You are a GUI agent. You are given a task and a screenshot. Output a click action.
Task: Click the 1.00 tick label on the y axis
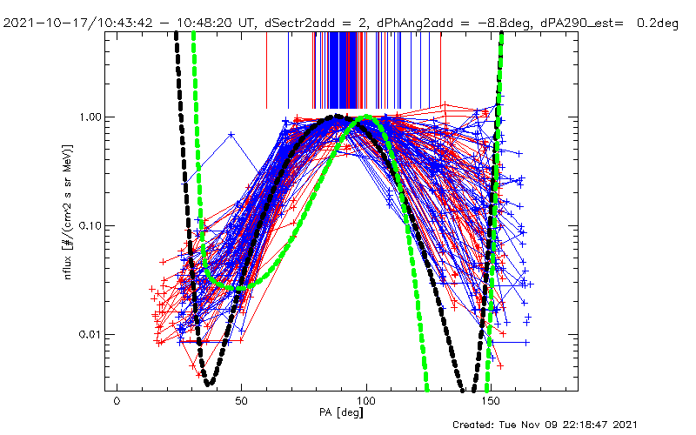coord(93,117)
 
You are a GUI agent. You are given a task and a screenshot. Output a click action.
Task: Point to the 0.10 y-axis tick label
coord(93,225)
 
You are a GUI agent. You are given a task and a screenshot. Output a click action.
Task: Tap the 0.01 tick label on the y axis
coord(93,334)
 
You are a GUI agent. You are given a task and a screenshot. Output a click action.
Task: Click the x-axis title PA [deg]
coord(343,413)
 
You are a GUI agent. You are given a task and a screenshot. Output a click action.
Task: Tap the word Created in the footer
coord(477,425)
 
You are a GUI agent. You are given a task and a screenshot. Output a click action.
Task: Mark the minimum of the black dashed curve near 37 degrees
coord(209,382)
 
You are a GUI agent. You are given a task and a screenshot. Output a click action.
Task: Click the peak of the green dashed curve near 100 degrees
coord(367,117)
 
